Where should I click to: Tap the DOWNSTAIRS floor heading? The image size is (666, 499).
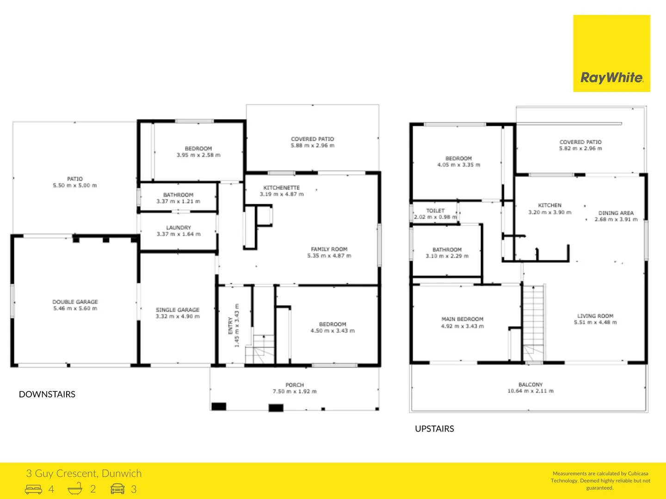[47, 394]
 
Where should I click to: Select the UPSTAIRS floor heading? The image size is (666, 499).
[434, 429]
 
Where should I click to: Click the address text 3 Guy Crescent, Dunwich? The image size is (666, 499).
[84, 473]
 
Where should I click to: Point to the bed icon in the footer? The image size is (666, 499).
[33, 489]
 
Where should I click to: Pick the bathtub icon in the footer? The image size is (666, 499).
[75, 488]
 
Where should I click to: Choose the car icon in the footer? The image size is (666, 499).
[117, 489]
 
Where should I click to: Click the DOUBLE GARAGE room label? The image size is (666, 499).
[75, 302]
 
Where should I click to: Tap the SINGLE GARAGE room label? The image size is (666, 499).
[178, 310]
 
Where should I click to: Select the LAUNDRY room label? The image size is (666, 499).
[179, 227]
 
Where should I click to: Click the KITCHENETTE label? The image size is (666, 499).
[281, 188]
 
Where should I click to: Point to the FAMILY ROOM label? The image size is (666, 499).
[329, 249]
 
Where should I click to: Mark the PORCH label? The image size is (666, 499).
[295, 385]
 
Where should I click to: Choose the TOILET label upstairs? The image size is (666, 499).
[435, 211]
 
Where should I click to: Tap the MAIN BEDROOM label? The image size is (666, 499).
[462, 319]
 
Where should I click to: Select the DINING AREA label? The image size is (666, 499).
[616, 213]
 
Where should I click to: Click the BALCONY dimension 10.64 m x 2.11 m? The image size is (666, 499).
[530, 391]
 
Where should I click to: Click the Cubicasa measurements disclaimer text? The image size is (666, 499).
[600, 481]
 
